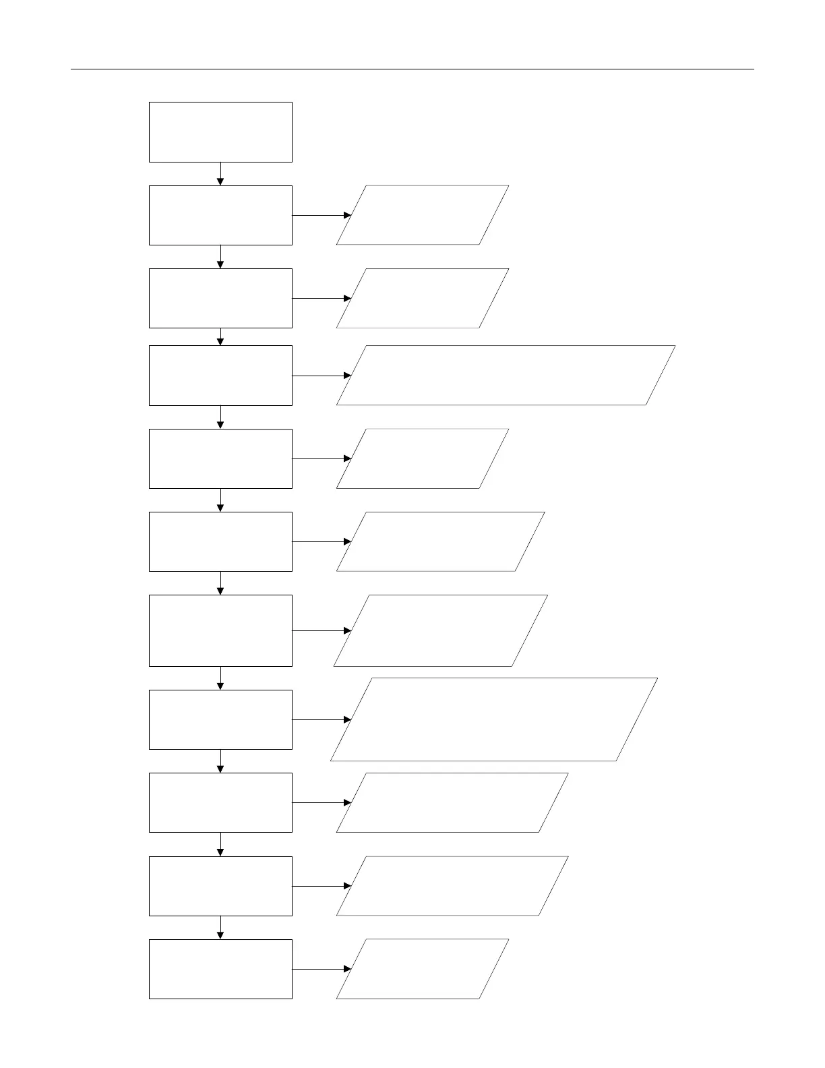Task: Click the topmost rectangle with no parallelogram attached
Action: pos(220,132)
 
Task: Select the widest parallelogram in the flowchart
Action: pos(506,376)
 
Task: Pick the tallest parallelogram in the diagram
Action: pos(493,719)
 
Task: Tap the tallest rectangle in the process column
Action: pos(220,630)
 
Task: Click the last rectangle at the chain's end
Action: pos(220,969)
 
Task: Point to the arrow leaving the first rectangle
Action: pos(220,173)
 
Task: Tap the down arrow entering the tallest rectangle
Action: pos(220,583)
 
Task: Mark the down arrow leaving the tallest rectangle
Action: pos(220,678)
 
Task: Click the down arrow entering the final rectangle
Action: pos(220,927)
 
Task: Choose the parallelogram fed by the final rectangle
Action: pos(422,969)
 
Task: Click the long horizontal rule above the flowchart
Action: pos(413,69)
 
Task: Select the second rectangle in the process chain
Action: pos(220,215)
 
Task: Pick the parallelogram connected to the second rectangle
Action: pos(422,215)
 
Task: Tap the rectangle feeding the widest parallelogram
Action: pos(220,376)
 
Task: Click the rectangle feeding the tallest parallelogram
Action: pos(220,719)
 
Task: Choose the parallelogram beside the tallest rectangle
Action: pos(440,630)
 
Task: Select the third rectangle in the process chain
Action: pos(220,298)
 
